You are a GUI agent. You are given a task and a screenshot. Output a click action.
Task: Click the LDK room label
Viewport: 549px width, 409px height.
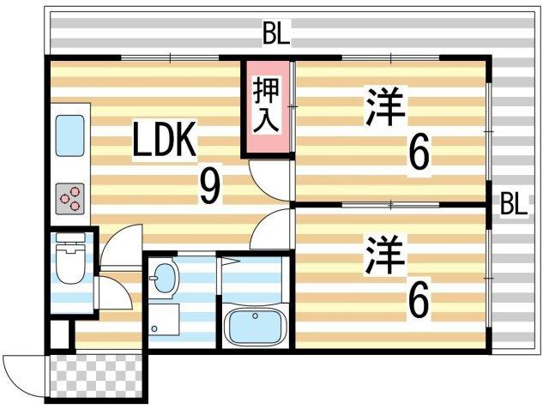[x=166, y=142]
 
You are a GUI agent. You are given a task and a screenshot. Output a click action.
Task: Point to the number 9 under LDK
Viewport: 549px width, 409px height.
[x=208, y=186]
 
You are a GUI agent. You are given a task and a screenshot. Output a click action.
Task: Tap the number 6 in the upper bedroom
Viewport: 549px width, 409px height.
[x=418, y=154]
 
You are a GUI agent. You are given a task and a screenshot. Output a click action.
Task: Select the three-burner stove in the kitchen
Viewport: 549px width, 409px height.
[x=69, y=199]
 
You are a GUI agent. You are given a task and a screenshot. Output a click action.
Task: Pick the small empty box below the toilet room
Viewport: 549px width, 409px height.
[x=58, y=333]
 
